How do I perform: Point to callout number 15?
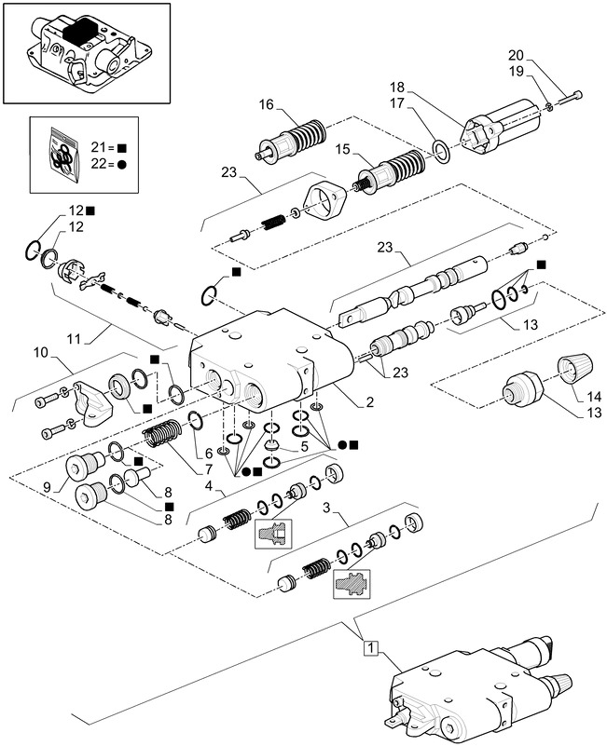[342, 149]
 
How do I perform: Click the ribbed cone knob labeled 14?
[572, 373]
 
